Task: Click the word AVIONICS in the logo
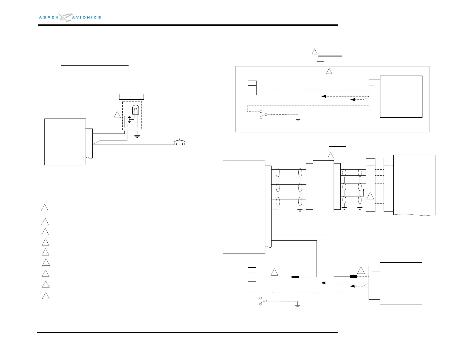click(x=86, y=17)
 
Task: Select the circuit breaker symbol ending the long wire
click(x=179, y=143)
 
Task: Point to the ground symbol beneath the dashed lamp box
click(x=137, y=136)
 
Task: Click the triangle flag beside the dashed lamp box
click(x=117, y=115)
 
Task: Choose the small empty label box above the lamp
click(x=131, y=96)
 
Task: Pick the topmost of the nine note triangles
click(x=44, y=208)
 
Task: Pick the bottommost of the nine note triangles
click(x=46, y=296)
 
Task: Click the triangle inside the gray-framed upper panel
click(x=329, y=71)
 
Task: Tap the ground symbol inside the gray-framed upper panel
click(x=298, y=119)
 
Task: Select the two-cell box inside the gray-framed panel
click(x=252, y=88)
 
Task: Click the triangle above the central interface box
click(x=330, y=155)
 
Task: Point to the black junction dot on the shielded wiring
click(x=364, y=190)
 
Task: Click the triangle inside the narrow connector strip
click(x=370, y=196)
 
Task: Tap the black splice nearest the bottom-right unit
click(x=353, y=276)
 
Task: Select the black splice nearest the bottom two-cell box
click(x=295, y=277)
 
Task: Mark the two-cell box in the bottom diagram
click(x=252, y=274)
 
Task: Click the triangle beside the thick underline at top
click(x=314, y=52)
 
